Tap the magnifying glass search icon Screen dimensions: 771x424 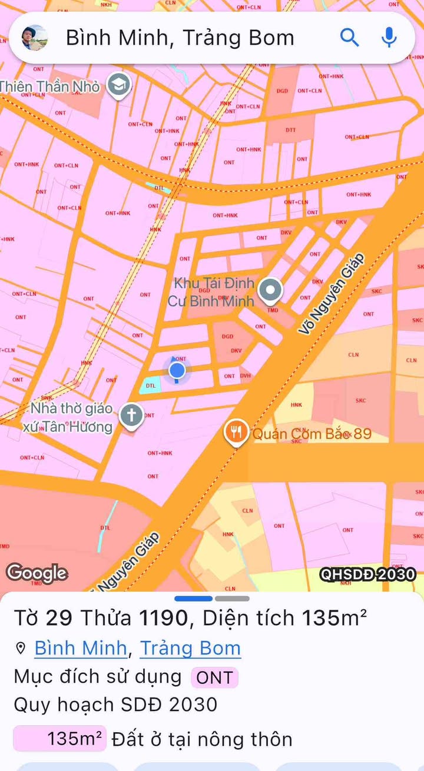tap(349, 38)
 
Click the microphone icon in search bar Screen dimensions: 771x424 tap(389, 38)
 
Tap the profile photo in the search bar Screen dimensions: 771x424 tap(35, 38)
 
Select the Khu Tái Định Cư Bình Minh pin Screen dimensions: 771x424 tap(271, 290)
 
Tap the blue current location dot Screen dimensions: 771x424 tap(177, 370)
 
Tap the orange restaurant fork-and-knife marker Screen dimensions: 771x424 tap(236, 433)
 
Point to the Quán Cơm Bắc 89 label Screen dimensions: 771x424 tap(312, 434)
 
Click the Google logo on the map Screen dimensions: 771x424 tap(37, 573)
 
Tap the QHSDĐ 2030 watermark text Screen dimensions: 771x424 tap(367, 574)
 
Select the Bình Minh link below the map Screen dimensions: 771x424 tap(81, 648)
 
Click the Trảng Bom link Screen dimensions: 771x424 tap(190, 648)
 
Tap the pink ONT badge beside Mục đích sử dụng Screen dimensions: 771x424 tap(214, 677)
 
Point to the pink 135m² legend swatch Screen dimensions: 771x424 tap(59, 738)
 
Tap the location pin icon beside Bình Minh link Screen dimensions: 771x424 tap(21, 649)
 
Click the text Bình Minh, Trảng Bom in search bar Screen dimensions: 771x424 tap(180, 38)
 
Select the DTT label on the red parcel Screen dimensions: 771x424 tap(291, 129)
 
